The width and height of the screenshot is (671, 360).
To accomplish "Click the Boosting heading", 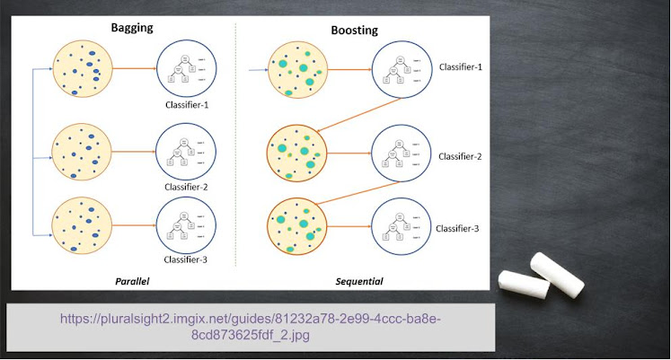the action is tap(353, 30).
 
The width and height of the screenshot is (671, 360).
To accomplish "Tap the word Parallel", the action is tap(131, 281).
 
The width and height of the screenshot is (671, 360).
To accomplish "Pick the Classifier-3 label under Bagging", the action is tap(187, 259).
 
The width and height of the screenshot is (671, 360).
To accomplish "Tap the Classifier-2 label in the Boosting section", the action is tap(460, 156).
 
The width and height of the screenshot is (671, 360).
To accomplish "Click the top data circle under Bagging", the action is tap(83, 67).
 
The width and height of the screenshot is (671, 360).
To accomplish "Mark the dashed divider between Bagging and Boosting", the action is tap(234, 153).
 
